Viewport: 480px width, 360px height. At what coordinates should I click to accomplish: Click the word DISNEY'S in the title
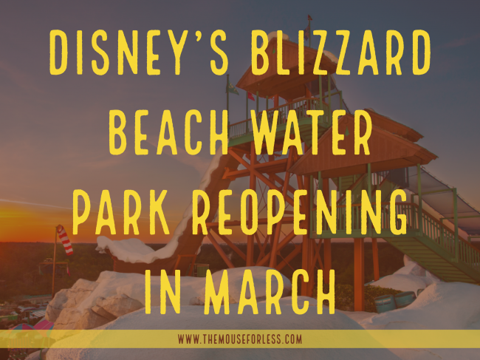tap(139, 52)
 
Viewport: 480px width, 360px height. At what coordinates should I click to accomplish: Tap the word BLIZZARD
tap(341, 52)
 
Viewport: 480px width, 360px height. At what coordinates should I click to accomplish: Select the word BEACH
tap(168, 132)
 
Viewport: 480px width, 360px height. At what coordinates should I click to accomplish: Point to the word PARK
tap(121, 212)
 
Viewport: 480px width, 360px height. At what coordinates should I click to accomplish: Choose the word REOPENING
tap(301, 212)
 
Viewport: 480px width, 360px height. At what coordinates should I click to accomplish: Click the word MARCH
tap(270, 291)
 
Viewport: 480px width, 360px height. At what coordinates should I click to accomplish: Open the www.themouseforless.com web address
tap(240, 339)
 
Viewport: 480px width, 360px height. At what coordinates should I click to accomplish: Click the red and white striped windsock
tap(65, 240)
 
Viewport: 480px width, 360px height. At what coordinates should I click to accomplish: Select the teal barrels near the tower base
tap(395, 301)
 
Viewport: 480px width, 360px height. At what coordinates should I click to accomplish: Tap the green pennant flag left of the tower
tap(233, 88)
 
